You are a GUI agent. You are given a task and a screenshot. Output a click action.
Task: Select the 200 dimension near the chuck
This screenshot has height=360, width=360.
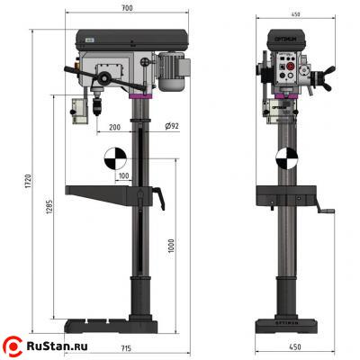(x=115, y=128)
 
